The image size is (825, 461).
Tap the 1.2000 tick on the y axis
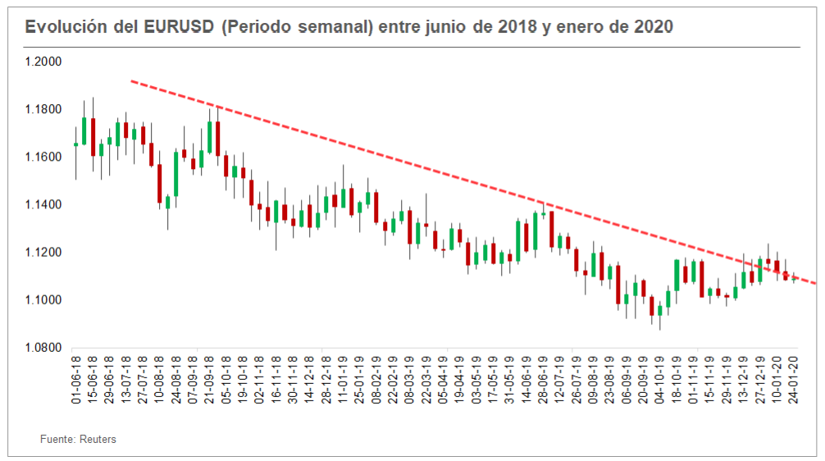[44, 62]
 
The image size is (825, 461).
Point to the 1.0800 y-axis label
[44, 348]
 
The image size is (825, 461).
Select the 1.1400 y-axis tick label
[44, 204]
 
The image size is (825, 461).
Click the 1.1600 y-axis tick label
[44, 157]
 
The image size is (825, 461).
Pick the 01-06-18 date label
[76, 381]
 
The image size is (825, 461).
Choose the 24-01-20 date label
[793, 381]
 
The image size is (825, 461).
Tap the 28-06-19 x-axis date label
[543, 381]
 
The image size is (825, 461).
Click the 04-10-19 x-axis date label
[659, 381]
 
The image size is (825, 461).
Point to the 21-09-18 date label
[209, 381]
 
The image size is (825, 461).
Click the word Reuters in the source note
[98, 440]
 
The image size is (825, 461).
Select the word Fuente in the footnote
[57, 440]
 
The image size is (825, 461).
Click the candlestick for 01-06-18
[76, 144]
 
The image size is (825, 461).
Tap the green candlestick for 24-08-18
[175, 174]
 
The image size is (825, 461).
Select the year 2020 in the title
[654, 26]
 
